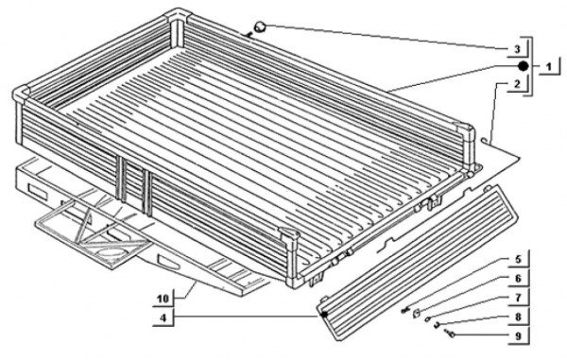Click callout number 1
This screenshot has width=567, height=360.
coord(549,67)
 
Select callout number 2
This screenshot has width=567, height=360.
coord(517,84)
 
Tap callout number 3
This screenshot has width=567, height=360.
coord(517,49)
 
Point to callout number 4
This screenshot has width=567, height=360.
coord(163,318)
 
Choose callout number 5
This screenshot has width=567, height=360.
coord(518,259)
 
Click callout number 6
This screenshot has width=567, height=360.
coord(518,279)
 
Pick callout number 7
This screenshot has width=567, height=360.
coord(518,298)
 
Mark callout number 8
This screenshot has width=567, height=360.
coord(518,317)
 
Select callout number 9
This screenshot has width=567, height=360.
coord(518,336)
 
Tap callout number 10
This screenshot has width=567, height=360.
coord(163,299)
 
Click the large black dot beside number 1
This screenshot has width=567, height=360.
coord(523,66)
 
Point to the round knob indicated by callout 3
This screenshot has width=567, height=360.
coord(261,26)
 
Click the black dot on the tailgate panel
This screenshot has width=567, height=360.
coord(324,315)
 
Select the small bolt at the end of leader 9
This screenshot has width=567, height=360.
coord(450,334)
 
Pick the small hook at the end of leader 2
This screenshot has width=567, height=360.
coord(487,139)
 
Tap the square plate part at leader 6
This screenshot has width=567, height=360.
coord(417,313)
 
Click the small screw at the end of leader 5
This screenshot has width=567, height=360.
coord(405,310)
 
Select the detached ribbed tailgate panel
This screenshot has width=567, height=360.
coord(418,263)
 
